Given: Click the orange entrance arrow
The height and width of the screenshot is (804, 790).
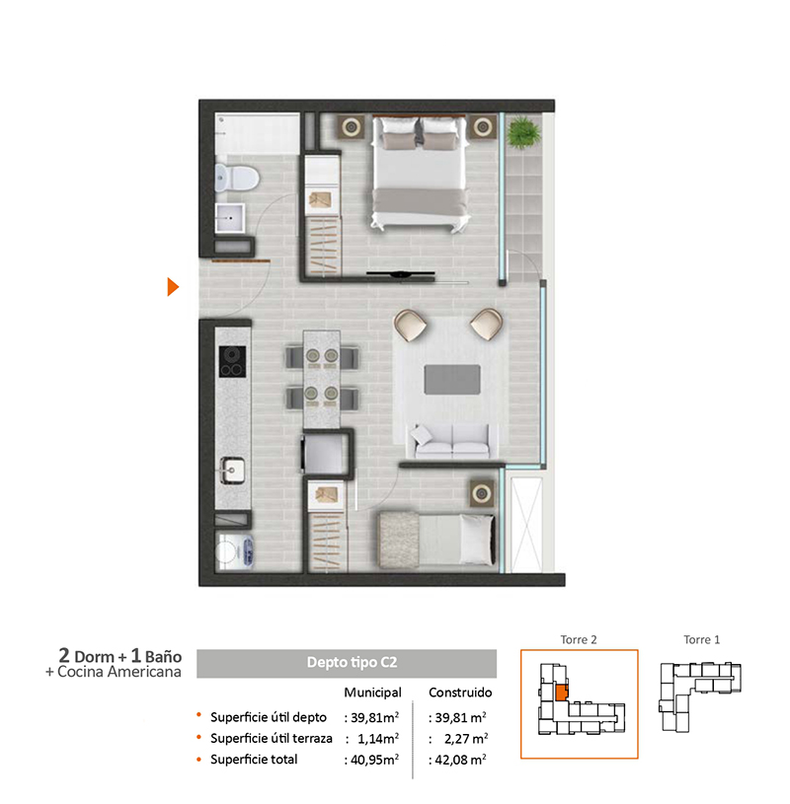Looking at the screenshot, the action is click(173, 287).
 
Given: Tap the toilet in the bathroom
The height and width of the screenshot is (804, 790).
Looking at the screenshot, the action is click(236, 178).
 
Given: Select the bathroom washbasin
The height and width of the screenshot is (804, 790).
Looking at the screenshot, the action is click(229, 218).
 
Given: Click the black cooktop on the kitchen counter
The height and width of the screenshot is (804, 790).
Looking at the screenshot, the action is click(232, 361).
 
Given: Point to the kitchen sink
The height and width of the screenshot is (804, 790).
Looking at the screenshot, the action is click(232, 471).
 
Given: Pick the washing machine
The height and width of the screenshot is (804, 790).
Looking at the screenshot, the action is click(235, 551).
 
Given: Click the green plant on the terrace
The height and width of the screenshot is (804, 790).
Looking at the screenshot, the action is click(523, 132).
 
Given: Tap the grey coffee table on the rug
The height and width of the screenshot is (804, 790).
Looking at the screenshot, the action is click(452, 380).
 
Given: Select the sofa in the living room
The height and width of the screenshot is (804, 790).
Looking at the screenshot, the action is click(451, 441).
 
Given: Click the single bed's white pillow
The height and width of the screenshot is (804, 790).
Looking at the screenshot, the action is click(477, 540).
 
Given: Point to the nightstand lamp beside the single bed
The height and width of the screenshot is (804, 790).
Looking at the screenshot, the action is click(482, 494).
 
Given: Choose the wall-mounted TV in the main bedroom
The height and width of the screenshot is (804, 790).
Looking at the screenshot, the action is click(400, 275).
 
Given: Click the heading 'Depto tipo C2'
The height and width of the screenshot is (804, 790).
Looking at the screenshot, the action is click(353, 663).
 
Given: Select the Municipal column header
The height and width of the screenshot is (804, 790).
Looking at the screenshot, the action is click(372, 693).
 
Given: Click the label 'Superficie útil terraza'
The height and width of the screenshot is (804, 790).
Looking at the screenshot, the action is click(271, 738).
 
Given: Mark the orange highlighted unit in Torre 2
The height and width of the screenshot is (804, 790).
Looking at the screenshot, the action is click(562, 693).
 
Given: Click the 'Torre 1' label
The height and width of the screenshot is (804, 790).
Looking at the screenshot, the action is click(702, 639).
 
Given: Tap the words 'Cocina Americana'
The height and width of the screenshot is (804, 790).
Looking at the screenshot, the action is click(119, 672).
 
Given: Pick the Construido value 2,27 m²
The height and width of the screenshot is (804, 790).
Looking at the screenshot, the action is click(465, 739).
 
